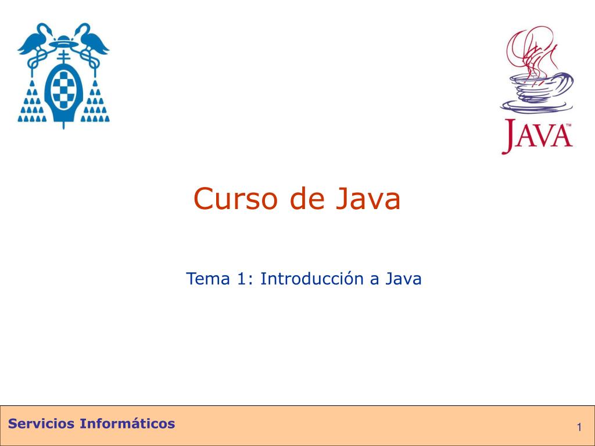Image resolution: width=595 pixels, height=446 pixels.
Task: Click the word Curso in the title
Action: pyautogui.click(x=236, y=199)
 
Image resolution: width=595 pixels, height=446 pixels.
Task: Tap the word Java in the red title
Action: pyautogui.click(x=368, y=199)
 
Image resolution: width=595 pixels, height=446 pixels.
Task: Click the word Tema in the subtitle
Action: pyautogui.click(x=208, y=279)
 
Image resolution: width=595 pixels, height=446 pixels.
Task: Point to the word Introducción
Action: pyautogui.click(x=312, y=279)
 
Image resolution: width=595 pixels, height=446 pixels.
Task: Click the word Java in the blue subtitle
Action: pyautogui.click(x=403, y=279)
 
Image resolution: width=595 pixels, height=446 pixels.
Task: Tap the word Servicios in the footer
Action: pyautogui.click(x=41, y=423)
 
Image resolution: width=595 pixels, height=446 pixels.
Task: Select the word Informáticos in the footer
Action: pyautogui.click(x=127, y=423)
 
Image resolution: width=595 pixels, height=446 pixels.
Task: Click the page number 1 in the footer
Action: pyautogui.click(x=579, y=427)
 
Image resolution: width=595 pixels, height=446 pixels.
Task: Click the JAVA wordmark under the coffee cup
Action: pyautogui.click(x=537, y=136)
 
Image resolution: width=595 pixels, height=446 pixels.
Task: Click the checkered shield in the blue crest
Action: pyautogui.click(x=63, y=90)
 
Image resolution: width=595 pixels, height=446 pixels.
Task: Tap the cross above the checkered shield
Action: pyautogui.click(x=63, y=57)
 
